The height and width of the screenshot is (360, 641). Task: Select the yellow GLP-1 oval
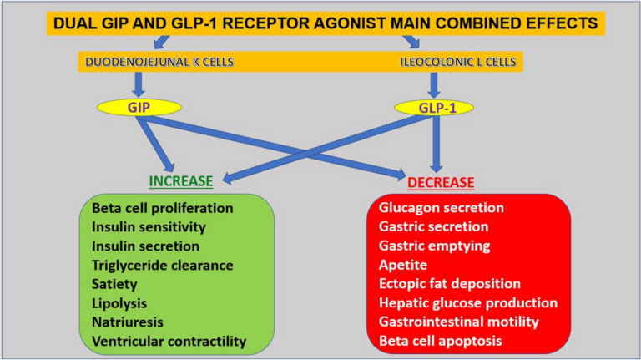432,109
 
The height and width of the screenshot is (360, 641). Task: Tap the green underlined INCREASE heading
180,180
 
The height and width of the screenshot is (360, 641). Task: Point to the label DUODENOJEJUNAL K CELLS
156,61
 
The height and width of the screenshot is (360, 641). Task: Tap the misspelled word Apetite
403,265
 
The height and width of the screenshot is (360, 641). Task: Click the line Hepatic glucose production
467,302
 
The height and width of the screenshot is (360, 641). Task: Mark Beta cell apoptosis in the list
442,341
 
